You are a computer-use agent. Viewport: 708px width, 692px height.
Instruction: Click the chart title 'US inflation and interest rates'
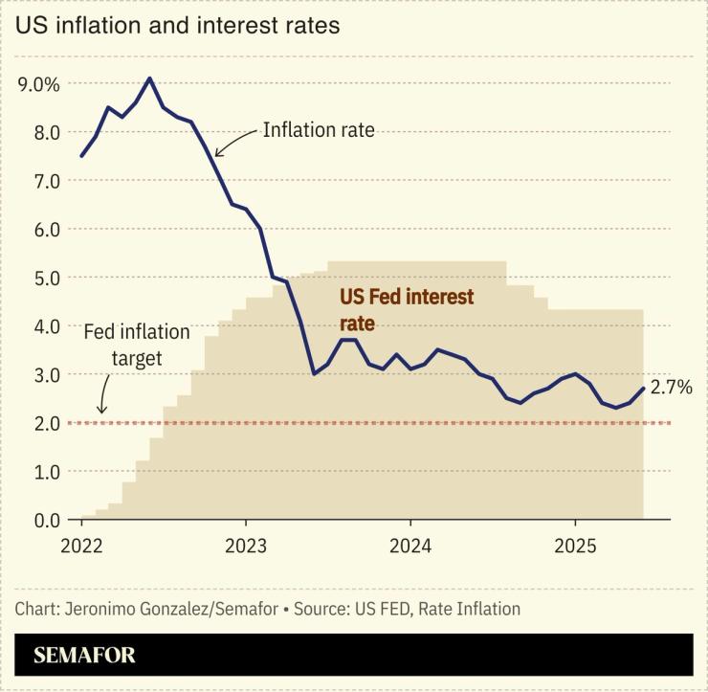coord(177,26)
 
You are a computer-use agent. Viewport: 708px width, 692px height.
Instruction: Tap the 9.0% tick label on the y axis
coord(39,84)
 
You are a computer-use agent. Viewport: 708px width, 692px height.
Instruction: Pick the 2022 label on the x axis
coord(81,546)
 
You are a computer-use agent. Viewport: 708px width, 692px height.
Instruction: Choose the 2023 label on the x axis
coord(246,546)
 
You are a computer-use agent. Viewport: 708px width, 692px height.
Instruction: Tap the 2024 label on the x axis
coord(409,546)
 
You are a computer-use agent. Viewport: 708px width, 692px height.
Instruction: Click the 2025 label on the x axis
coord(574,546)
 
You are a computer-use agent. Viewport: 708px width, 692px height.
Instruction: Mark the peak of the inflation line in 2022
coord(149,78)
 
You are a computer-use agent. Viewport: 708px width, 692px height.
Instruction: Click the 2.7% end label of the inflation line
coord(671,388)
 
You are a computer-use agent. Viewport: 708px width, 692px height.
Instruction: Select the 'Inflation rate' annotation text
coord(319,130)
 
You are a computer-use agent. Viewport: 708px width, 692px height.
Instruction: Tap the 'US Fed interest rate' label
coord(407,310)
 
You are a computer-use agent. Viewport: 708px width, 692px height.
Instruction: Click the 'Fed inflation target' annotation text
coord(136,345)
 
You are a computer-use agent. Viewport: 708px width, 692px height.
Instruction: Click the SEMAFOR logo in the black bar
coord(84,656)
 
